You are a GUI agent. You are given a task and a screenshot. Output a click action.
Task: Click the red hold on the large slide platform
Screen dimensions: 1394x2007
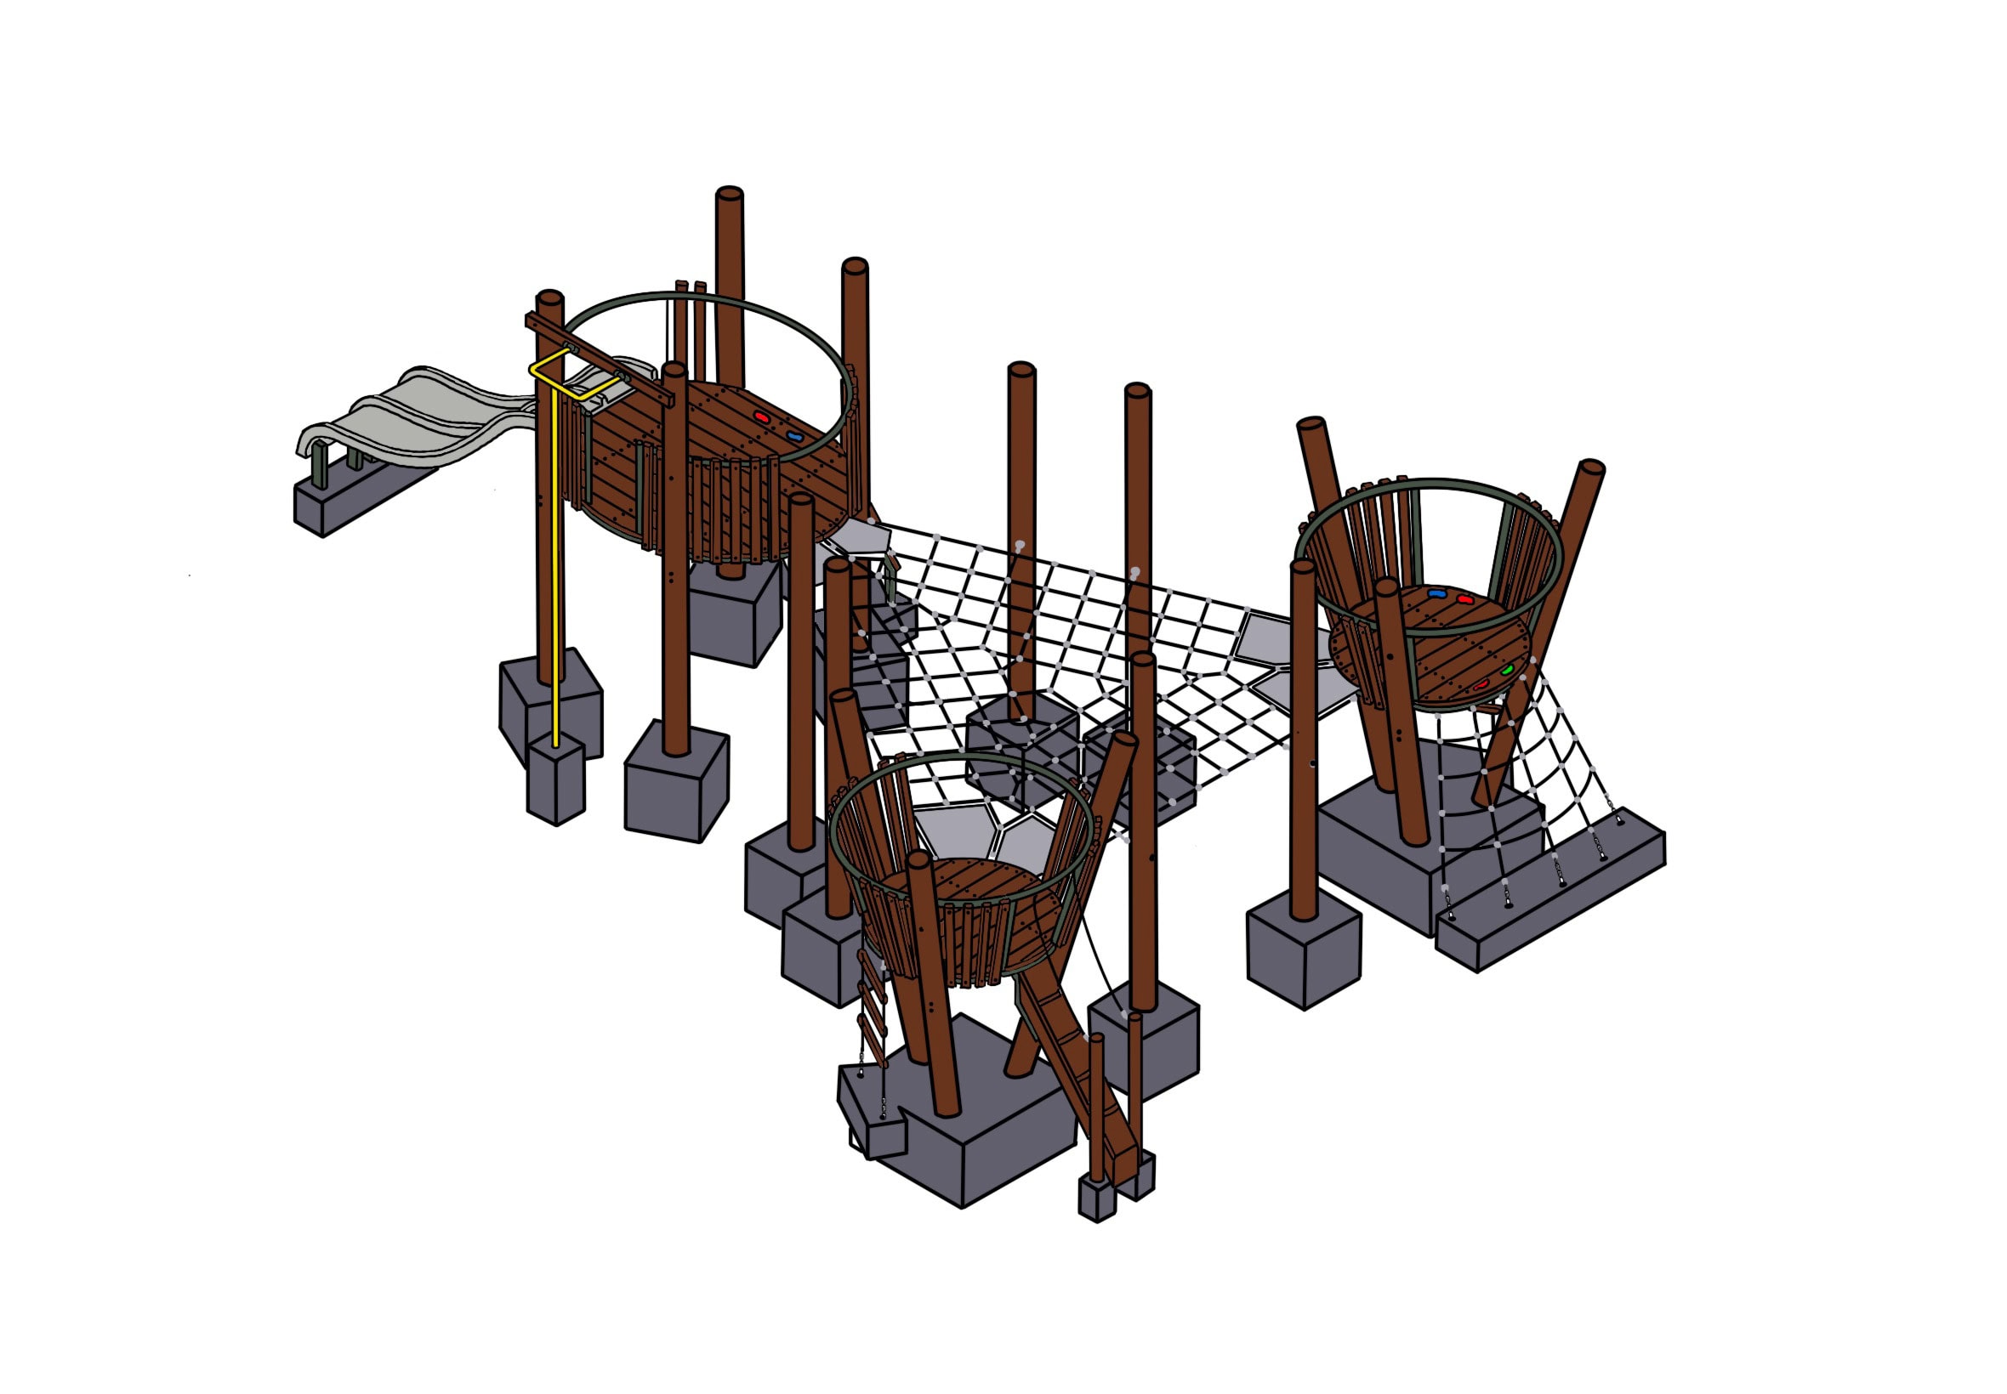[x=762, y=416]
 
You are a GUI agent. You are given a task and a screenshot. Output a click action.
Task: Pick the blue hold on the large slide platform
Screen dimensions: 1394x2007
[x=793, y=435]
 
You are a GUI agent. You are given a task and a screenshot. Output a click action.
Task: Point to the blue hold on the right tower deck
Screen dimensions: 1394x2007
[x=1436, y=594]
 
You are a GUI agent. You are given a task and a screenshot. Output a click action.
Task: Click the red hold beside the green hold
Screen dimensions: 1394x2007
[x=1481, y=685]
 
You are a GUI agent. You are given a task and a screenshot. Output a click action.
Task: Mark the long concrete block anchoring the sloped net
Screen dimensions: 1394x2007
[x=1551, y=899]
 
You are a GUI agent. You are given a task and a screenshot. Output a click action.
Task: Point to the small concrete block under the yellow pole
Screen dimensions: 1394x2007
[x=555, y=778]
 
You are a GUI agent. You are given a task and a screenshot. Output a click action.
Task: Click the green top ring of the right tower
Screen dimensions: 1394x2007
[x=1433, y=482]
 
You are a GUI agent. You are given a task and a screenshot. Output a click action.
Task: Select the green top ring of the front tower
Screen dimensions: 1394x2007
[x=961, y=758]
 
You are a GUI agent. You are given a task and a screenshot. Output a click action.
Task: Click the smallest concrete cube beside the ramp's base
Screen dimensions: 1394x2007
[x=1096, y=1198]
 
